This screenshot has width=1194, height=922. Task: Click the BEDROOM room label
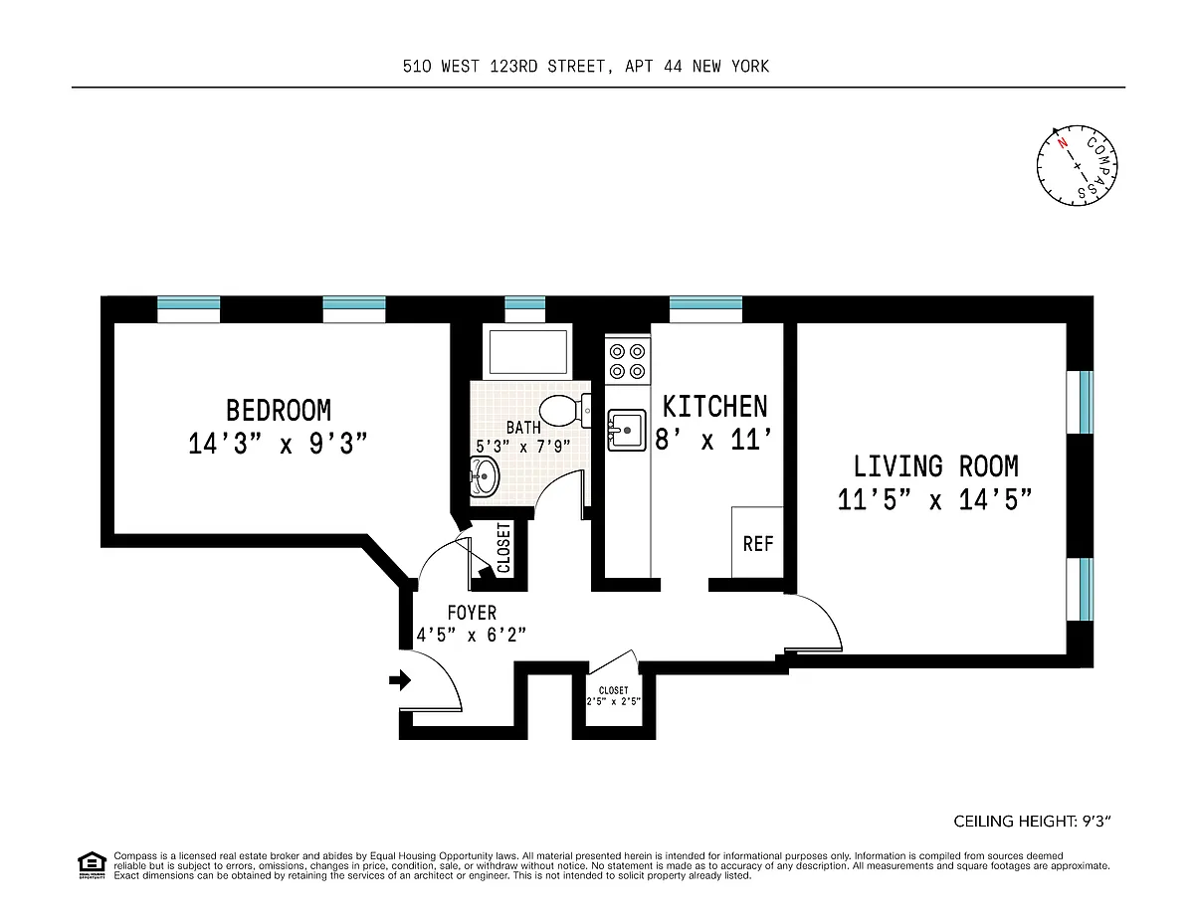click(x=279, y=410)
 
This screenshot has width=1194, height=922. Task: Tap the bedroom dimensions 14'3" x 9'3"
click(x=278, y=444)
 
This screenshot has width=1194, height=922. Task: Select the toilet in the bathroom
click(x=565, y=411)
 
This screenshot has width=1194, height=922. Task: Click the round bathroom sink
click(x=485, y=477)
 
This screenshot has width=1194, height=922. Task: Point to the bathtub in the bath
click(x=527, y=351)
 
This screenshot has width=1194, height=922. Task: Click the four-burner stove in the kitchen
click(x=628, y=361)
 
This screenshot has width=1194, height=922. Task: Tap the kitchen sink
click(x=627, y=431)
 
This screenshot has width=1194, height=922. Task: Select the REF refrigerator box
click(x=757, y=542)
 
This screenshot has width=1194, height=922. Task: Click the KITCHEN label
click(x=714, y=407)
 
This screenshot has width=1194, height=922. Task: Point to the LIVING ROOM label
click(x=935, y=466)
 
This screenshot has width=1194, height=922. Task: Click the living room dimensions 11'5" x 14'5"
click(x=934, y=500)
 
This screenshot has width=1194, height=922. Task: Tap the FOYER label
click(x=472, y=613)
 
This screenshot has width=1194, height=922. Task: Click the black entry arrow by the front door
click(x=400, y=680)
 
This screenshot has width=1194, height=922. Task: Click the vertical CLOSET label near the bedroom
click(x=503, y=547)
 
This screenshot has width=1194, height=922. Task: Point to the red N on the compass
click(x=1063, y=143)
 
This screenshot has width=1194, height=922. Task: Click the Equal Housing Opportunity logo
click(x=92, y=865)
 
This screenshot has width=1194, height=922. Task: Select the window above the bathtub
click(x=524, y=309)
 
